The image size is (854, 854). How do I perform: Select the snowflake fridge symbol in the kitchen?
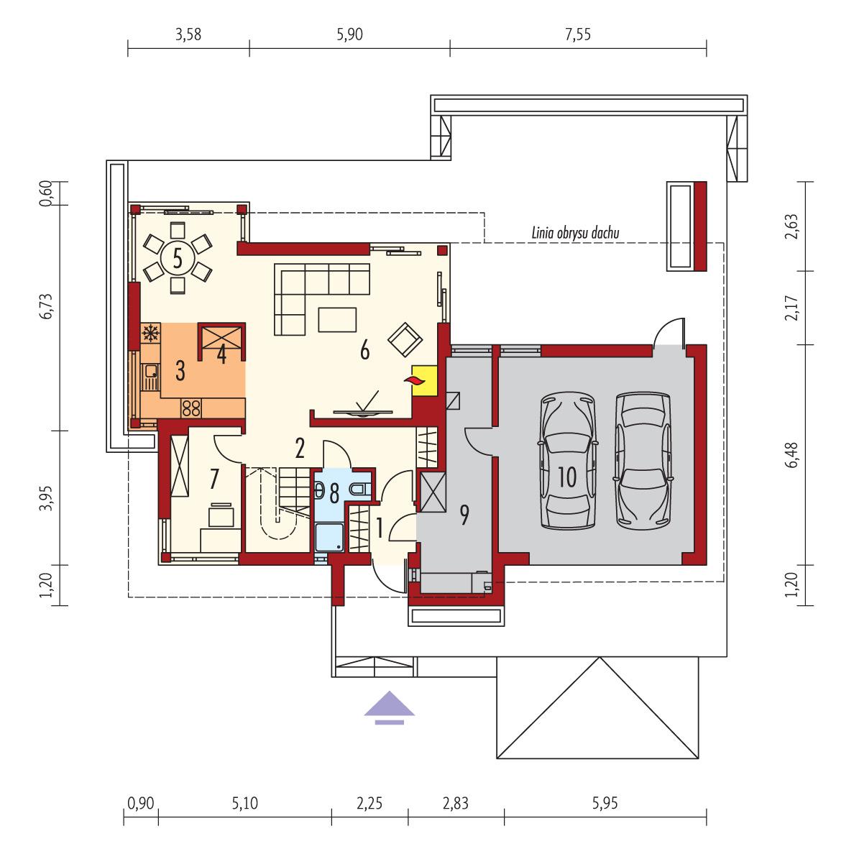coord(151,334)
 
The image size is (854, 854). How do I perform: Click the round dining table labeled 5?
coord(176,257)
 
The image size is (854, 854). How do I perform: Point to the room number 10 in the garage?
coord(566,478)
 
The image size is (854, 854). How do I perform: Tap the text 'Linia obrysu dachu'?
coord(575,233)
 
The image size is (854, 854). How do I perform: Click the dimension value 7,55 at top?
coord(577,35)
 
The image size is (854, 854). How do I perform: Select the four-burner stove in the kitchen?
coord(191,408)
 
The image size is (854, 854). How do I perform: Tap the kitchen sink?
coord(151,372)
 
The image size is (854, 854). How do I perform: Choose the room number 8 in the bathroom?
coord(334,494)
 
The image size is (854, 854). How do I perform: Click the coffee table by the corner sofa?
coord(337,318)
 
